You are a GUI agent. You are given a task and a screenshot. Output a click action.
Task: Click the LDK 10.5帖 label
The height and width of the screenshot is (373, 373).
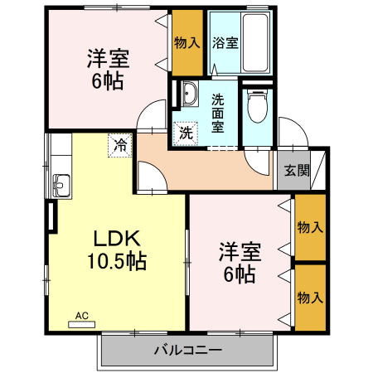[x=116, y=250]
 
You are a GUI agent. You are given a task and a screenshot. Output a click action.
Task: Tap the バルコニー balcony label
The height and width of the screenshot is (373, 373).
[x=187, y=350]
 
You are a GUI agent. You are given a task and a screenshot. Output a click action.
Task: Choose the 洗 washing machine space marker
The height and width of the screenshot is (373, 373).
[x=186, y=131]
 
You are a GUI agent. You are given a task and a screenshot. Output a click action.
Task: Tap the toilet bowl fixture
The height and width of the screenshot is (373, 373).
[x=257, y=105]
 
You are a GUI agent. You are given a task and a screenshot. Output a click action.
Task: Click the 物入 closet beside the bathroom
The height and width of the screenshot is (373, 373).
[x=187, y=42]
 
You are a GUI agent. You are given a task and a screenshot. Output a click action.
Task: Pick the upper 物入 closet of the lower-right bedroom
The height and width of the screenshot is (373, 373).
[x=309, y=226]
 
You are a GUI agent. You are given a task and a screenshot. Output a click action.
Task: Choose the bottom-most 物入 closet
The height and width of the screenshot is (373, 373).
[x=309, y=297]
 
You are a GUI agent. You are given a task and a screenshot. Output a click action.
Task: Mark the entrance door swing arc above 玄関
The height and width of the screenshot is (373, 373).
[x=289, y=133]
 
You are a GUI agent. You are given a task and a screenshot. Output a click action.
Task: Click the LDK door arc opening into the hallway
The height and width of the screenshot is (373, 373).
[x=148, y=177]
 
